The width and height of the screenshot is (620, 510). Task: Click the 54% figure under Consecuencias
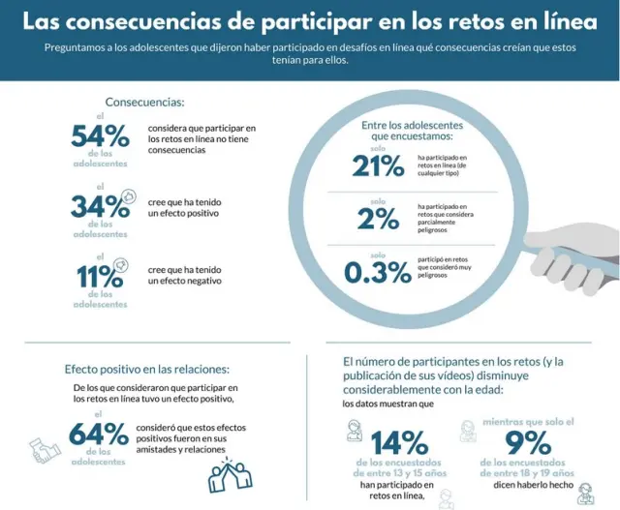click(x=100, y=136)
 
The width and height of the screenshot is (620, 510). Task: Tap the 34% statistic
click(x=100, y=205)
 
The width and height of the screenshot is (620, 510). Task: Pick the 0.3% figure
click(x=377, y=273)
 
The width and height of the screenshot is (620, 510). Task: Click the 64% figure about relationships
click(x=100, y=433)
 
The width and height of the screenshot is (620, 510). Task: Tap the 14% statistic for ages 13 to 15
click(x=399, y=443)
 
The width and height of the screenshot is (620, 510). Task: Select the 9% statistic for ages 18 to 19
click(x=529, y=443)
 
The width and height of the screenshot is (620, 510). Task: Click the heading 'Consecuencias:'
click(x=144, y=103)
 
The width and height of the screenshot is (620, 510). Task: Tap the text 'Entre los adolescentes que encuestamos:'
click(x=412, y=131)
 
